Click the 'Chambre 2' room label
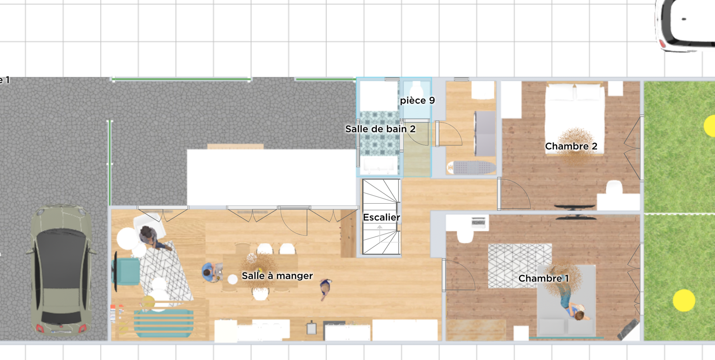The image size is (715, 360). [571, 147]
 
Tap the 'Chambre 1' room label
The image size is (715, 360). [543, 279]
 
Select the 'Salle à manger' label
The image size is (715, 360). [277, 276]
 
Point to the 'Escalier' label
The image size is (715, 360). [382, 218]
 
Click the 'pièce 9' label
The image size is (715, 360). [417, 100]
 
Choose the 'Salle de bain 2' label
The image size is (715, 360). [380, 129]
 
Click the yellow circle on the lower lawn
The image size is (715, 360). [684, 300]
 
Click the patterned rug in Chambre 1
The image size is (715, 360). [520, 266]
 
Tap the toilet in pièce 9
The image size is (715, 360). [416, 90]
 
